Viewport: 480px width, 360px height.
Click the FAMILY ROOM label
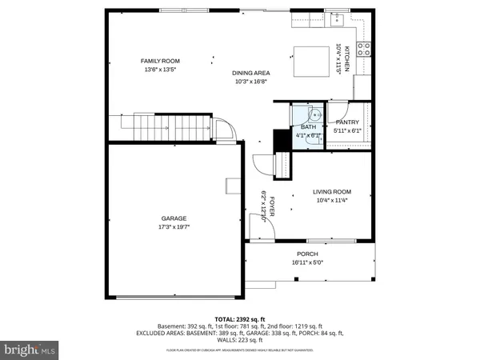(160, 61)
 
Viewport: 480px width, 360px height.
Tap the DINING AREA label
(250, 72)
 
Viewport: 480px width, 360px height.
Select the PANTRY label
(347, 122)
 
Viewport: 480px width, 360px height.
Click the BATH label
(308, 127)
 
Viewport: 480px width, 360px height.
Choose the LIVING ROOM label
(331, 192)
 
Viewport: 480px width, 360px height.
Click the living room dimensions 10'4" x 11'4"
(331, 201)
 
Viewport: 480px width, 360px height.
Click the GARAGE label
(174, 218)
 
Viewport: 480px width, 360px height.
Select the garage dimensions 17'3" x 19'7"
(174, 227)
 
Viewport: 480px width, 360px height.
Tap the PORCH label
(307, 254)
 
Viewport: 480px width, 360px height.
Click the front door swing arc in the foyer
(260, 230)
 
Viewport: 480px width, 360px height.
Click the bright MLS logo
(30, 349)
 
